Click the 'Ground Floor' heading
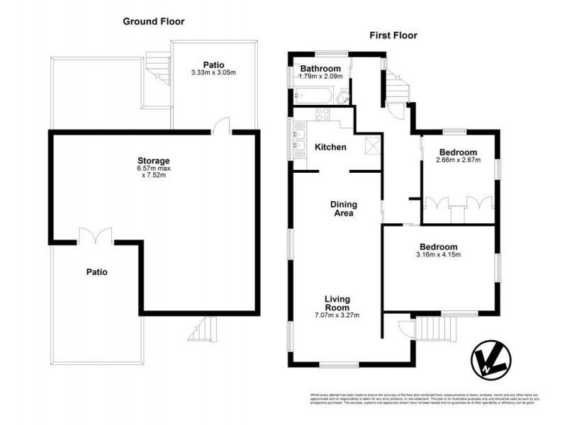tap(153, 21)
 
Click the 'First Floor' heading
tap(394, 35)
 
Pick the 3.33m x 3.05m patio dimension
tap(213, 73)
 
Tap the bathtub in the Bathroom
tap(312, 95)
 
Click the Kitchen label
tap(330, 147)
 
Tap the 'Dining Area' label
tap(343, 209)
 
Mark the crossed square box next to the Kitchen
tap(371, 146)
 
